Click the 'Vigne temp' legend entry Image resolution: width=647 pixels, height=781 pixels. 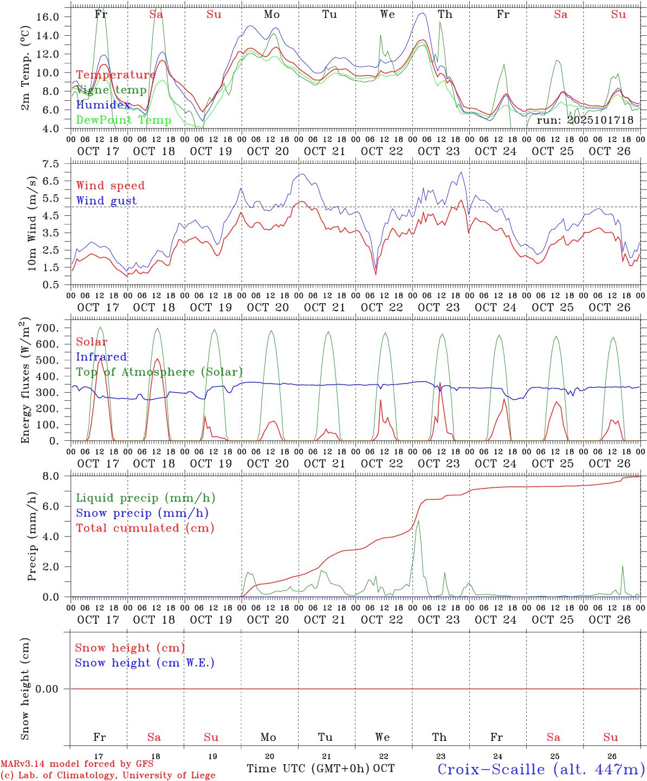111,90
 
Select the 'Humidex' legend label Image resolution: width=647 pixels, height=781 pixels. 103,105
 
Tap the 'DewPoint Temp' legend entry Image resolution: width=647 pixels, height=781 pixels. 124,120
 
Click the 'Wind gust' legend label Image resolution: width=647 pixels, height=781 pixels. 106,201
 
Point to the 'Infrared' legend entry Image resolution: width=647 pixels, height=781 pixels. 101,357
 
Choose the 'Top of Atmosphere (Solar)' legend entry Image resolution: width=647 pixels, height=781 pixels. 159,372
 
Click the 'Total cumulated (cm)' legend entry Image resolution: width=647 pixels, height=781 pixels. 145,528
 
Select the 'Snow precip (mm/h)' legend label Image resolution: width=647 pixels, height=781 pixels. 142,513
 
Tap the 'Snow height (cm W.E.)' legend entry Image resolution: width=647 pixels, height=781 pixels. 145,663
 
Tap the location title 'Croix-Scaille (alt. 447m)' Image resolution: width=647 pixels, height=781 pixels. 541,769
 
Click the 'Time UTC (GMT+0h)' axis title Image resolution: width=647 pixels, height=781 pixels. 308,769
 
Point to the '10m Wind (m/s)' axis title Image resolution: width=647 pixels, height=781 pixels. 33,223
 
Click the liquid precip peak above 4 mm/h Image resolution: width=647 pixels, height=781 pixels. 418,522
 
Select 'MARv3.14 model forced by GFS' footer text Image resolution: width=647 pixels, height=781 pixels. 77,764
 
